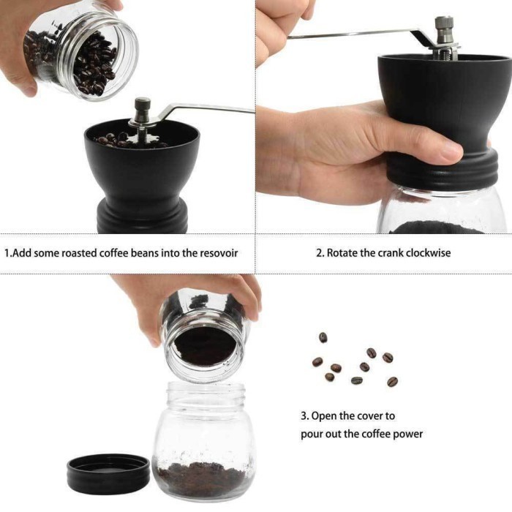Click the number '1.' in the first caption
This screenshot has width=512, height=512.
coord(8,253)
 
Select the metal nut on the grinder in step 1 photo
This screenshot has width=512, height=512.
coord(143,109)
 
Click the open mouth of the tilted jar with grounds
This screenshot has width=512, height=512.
coord(205,346)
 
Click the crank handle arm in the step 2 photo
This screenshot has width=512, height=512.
coord(351,33)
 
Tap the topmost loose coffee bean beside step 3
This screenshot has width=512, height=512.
coord(323,337)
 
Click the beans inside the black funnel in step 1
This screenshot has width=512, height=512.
coord(117,139)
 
